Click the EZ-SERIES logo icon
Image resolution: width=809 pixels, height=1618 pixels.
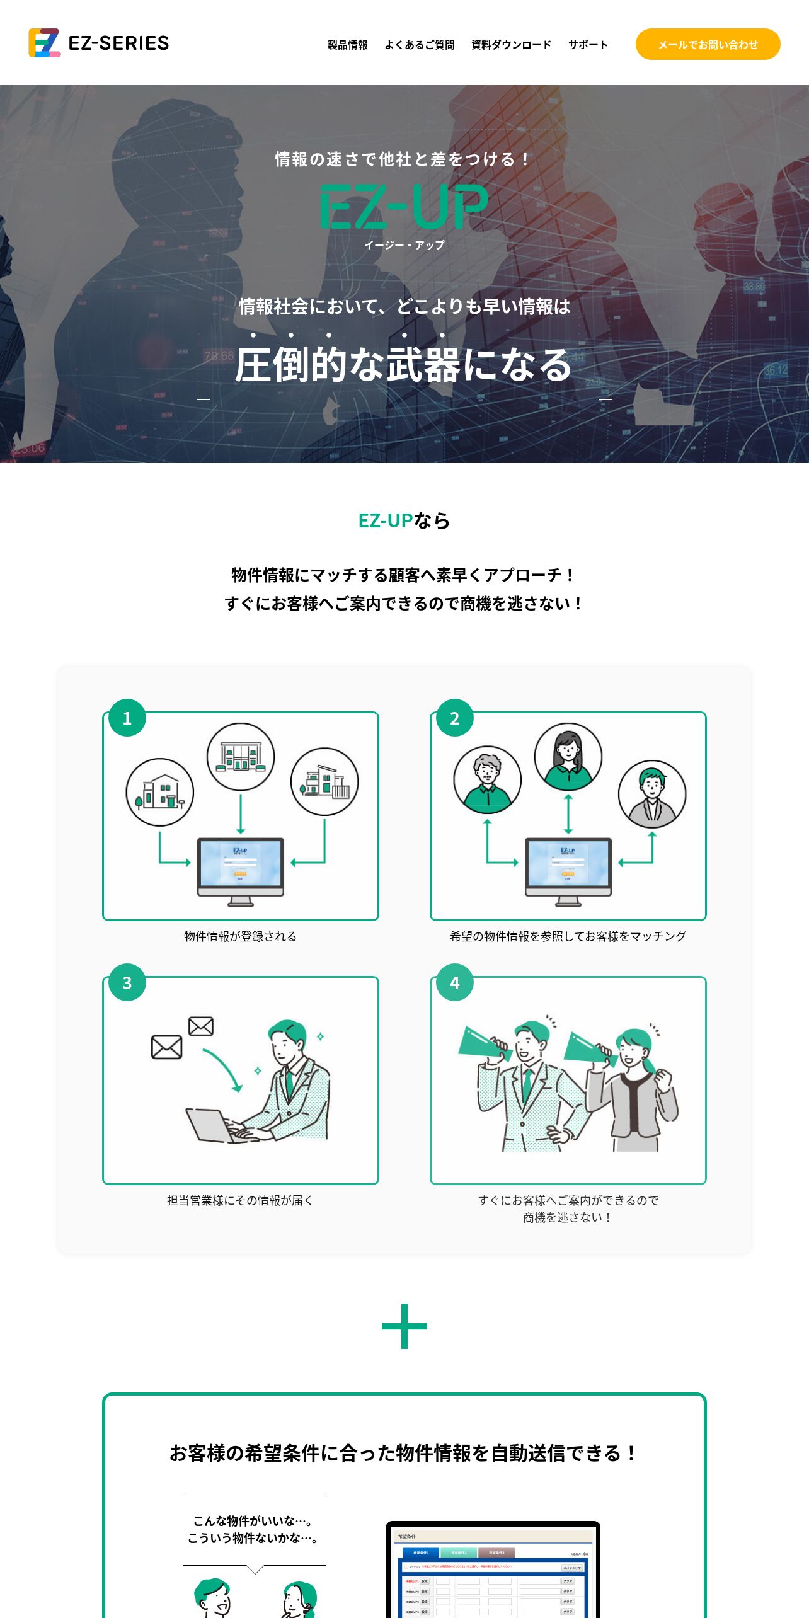[x=44, y=43]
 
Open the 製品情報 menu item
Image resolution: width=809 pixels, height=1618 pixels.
[x=348, y=45]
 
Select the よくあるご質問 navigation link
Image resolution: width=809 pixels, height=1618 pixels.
[x=420, y=45]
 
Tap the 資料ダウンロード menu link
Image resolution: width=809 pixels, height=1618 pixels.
[x=511, y=45]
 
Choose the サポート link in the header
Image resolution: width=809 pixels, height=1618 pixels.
[x=588, y=45]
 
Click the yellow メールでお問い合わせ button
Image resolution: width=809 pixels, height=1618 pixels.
[x=708, y=44]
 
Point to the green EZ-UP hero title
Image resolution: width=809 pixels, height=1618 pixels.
[x=404, y=206]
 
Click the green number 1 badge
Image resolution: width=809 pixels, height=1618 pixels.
[x=127, y=718]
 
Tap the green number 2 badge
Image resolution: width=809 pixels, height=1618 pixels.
[x=455, y=718]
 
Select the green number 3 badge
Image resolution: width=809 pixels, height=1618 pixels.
[x=127, y=982]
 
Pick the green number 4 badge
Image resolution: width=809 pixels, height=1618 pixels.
[x=455, y=982]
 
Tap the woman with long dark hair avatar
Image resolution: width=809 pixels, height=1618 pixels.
[x=568, y=756]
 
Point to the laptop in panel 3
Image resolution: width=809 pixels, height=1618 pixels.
[x=211, y=1127]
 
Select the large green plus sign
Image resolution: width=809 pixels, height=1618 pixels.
[x=404, y=1326]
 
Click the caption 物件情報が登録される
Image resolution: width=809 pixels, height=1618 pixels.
[x=240, y=936]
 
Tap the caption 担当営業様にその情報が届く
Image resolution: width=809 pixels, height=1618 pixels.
[x=240, y=1200]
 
